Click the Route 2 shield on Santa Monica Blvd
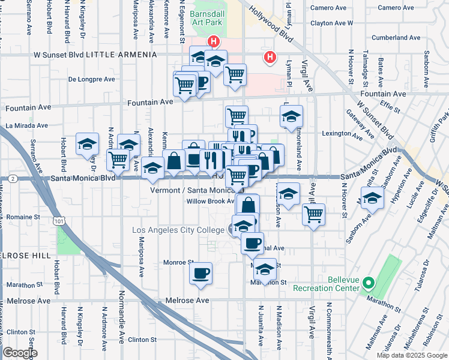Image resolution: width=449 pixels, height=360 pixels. pyautogui.click(x=13, y=179)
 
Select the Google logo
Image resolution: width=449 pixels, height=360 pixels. pyautogui.click(x=20, y=353)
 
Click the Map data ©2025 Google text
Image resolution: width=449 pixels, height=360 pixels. pyautogui.click(x=412, y=355)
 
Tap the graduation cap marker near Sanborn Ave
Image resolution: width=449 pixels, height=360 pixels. pyautogui.click(x=372, y=199)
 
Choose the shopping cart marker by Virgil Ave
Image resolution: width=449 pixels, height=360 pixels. pyautogui.click(x=313, y=214)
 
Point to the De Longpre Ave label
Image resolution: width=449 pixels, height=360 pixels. pyautogui.click(x=91, y=79)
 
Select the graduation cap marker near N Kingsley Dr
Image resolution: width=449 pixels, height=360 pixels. pyautogui.click(x=88, y=144)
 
